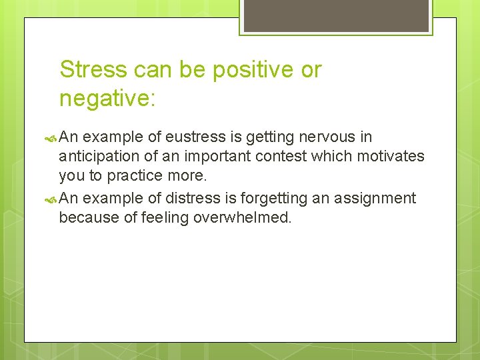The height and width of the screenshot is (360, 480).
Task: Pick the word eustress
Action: [x=205, y=137]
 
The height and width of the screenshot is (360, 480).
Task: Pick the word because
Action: [x=87, y=217]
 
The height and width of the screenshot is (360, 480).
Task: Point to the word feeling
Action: [x=167, y=217]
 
